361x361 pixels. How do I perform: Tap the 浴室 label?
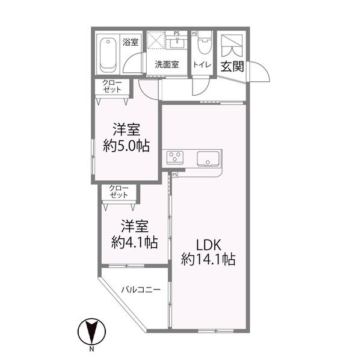pos(131,42)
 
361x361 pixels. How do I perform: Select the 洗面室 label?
pos(165,64)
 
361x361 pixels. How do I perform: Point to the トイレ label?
pos(201,64)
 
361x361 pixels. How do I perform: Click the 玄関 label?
pos(231,66)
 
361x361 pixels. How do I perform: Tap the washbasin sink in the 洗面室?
pos(177,43)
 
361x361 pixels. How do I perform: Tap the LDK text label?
pos(208,245)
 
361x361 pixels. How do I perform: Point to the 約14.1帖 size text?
pos(208,260)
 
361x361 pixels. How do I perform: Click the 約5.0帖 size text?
pos(126,146)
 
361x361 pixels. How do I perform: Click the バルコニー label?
pos(140,289)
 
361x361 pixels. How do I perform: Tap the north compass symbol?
pos(92,331)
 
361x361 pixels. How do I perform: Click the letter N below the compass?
pos(92,350)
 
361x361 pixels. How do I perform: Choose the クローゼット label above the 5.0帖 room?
pos(112,86)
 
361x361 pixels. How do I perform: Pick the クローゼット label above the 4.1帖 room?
pos(119,192)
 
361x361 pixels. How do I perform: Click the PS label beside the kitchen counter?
pos(174,175)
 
